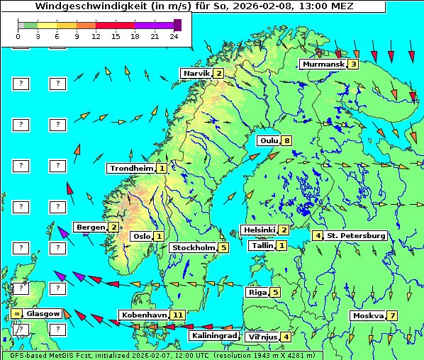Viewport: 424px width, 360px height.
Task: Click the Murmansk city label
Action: coord(323,64)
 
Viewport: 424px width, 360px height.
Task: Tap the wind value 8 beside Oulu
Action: coord(286,140)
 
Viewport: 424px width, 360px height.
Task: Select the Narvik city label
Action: coord(196,74)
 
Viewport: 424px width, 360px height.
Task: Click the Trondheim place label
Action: coord(130,169)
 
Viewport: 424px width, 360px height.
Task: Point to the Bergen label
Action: coord(90,227)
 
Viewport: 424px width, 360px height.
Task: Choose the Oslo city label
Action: coord(141,237)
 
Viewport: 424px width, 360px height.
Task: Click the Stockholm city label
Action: coord(192,248)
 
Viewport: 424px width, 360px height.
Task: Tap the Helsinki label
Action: coord(259,230)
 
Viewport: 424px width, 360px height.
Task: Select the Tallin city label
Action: coord(262,246)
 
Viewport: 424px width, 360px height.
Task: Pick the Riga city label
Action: coord(256,292)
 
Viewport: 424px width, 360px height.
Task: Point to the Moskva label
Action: coord(367,316)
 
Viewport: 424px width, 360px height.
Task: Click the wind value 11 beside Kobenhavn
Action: coord(178,315)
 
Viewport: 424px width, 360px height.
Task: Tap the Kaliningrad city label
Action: coord(214,336)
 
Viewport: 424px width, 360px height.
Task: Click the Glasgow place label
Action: coord(43,313)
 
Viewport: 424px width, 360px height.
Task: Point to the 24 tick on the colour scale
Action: coord(173,35)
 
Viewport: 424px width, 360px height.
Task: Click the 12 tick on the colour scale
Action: coord(96,35)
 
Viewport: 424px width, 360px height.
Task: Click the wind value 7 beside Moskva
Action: coord(392,316)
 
